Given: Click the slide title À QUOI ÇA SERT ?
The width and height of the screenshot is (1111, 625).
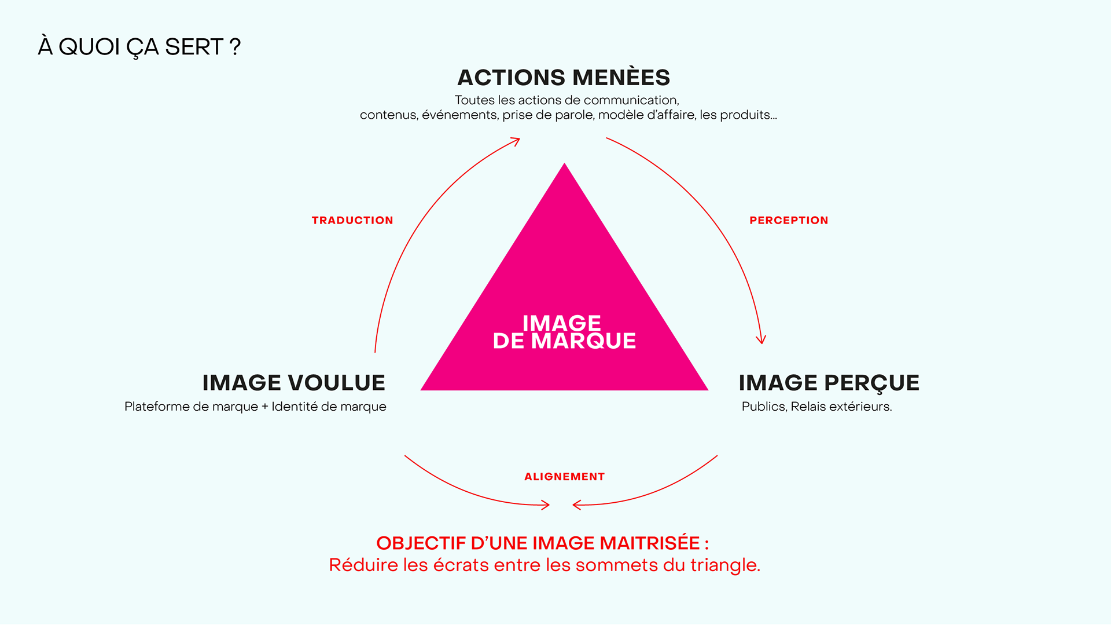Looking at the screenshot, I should pyautogui.click(x=139, y=47).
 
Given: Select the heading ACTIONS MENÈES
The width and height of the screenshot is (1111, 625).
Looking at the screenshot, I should pyautogui.click(x=564, y=78).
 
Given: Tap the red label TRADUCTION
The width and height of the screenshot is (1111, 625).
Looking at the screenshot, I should pyautogui.click(x=352, y=220).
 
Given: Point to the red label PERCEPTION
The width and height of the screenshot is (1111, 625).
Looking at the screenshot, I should pyautogui.click(x=789, y=220).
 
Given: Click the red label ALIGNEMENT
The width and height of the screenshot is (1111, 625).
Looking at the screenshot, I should pyautogui.click(x=564, y=477).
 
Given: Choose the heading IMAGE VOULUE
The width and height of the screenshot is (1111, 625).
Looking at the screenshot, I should pyautogui.click(x=293, y=383).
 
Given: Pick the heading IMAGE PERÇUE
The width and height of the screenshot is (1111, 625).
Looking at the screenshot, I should pyautogui.click(x=829, y=383).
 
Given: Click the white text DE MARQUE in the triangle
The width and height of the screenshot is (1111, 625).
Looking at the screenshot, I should pyautogui.click(x=564, y=341).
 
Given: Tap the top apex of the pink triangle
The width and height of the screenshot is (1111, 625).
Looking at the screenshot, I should pyautogui.click(x=564, y=166).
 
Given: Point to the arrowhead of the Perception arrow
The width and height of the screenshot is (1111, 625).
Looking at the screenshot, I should pyautogui.click(x=761, y=341).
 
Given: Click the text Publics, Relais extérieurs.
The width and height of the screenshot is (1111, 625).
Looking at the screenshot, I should pyautogui.click(x=816, y=407).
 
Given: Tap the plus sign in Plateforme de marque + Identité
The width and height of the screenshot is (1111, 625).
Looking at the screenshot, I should pyautogui.click(x=265, y=407).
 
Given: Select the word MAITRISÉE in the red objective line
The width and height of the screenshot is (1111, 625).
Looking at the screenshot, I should pyautogui.click(x=649, y=543).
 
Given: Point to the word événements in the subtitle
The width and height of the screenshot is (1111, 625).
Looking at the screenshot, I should pyautogui.click(x=459, y=115).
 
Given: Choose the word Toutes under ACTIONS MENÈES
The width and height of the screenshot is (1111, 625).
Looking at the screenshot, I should pyautogui.click(x=474, y=100).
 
